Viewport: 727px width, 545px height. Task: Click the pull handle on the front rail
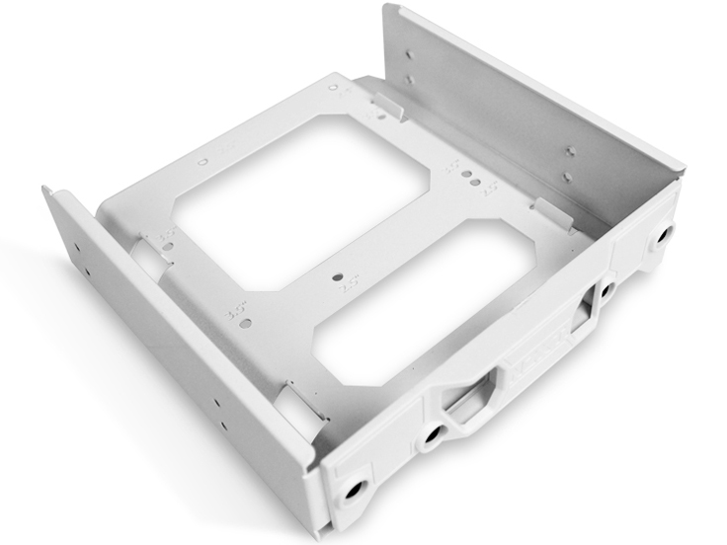click(464, 403)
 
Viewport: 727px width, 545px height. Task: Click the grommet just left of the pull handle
click(432, 434)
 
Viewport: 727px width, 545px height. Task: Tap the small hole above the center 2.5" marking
click(340, 278)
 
